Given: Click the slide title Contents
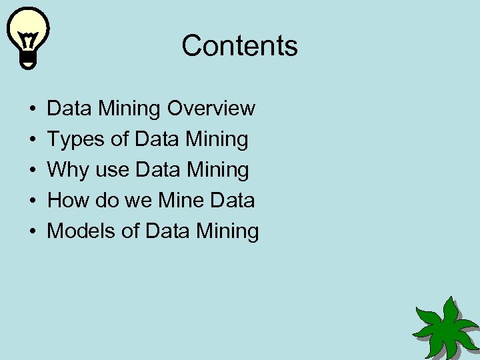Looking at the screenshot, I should click(239, 46).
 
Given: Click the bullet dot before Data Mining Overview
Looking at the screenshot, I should click(33, 109).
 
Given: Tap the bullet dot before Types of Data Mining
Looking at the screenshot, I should click(33, 139).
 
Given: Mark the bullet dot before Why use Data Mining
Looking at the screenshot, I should click(33, 170).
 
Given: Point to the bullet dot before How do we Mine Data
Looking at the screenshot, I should click(33, 201).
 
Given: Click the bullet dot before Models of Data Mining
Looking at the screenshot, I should click(33, 231).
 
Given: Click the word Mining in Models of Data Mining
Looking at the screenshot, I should click(227, 231).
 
